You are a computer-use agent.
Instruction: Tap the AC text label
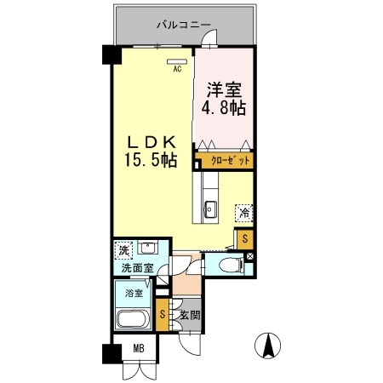178,71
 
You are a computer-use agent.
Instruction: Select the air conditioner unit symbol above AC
178,61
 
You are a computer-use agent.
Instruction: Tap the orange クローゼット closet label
226,160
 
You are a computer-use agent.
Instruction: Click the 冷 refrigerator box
243,213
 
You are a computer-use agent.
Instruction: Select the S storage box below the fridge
245,238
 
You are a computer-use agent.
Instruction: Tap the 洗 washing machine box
124,251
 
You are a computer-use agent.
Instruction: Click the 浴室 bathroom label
134,294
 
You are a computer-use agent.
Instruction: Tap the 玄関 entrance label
188,315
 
